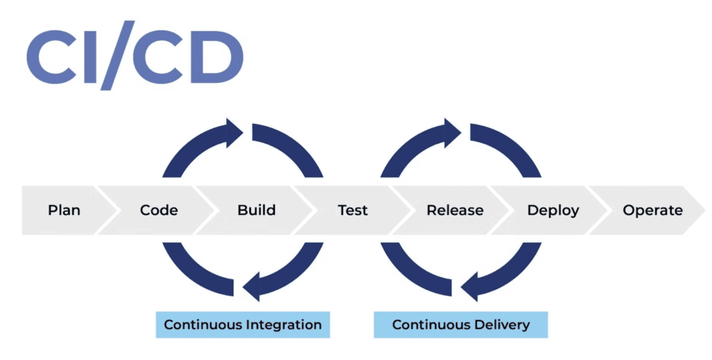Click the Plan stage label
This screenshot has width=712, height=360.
(64, 210)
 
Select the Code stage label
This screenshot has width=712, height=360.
(159, 210)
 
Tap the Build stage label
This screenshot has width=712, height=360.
(257, 210)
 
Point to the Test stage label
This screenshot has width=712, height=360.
(352, 210)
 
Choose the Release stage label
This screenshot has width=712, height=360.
(455, 210)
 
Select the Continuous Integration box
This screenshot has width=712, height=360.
(243, 325)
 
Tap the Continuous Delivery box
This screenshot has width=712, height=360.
(461, 325)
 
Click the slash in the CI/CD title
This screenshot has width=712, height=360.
(118, 55)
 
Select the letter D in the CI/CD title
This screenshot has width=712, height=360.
(217, 57)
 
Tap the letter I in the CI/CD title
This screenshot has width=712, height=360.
(90, 57)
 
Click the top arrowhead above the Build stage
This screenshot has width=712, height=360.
(234, 133)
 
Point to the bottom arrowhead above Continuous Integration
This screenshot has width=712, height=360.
(251, 286)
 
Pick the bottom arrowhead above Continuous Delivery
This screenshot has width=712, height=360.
(469, 286)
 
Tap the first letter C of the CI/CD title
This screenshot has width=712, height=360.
(51, 57)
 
